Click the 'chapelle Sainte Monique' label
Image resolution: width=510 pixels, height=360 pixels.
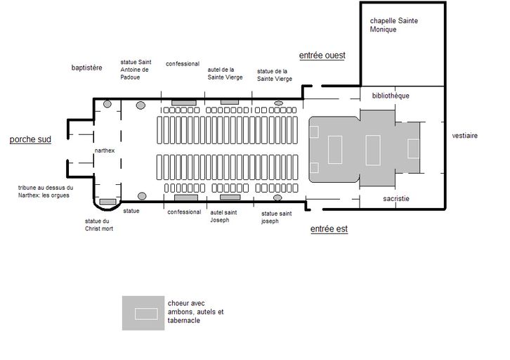[x=393, y=25]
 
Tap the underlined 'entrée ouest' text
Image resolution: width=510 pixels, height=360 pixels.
[x=322, y=56]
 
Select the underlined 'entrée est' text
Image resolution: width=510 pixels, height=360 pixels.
[x=329, y=229]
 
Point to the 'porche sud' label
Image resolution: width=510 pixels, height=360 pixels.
[x=30, y=140]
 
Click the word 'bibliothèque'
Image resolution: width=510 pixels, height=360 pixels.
[x=391, y=96]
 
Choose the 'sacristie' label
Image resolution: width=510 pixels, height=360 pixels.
[x=395, y=198]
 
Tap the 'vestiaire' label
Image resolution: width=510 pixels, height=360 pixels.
[x=465, y=136]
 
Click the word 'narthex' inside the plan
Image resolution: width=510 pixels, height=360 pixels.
[x=105, y=150]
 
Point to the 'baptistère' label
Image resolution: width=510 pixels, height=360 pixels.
[x=86, y=67]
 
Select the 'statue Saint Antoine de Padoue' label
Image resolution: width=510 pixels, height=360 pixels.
[x=136, y=70]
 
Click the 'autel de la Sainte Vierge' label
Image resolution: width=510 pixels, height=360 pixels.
[x=225, y=74]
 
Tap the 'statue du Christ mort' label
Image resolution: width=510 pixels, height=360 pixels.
[x=99, y=225]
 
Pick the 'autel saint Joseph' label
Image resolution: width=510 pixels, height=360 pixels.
[x=223, y=216]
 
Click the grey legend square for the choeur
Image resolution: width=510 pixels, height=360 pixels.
[x=143, y=313]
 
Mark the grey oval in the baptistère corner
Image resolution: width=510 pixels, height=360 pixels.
[x=107, y=104]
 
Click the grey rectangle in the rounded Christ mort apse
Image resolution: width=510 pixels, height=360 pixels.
[x=107, y=202]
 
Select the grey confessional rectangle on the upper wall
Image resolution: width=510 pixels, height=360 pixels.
[x=184, y=103]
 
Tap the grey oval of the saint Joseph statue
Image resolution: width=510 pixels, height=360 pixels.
[x=277, y=198]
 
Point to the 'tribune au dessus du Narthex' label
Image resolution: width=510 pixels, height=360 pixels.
[x=46, y=191]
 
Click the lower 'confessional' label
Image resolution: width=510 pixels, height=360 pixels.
[x=184, y=212]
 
